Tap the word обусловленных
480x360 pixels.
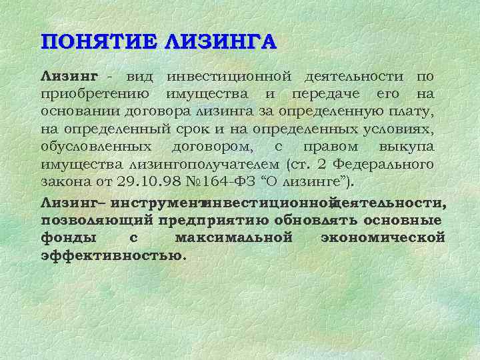coord(97,146)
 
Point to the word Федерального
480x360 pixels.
coord(383,164)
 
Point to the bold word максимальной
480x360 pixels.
coord(233,237)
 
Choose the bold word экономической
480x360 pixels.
coord(383,237)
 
